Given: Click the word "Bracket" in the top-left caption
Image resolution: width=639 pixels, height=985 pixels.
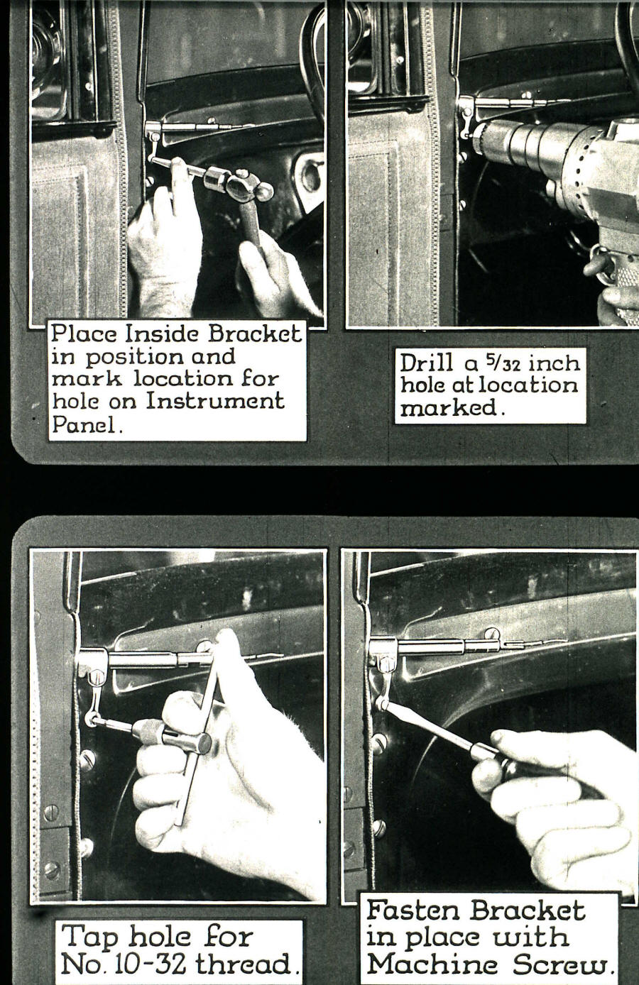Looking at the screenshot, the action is (255, 334).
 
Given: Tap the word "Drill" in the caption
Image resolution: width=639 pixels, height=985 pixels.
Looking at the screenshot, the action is (426, 363).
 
